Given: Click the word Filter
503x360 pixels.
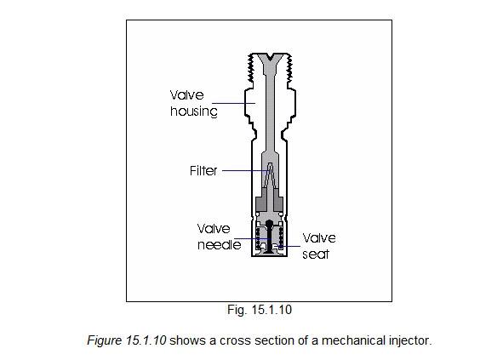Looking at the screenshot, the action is click(203, 171).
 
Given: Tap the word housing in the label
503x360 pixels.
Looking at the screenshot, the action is click(194, 111).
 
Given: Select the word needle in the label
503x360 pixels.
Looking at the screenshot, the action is click(220, 245).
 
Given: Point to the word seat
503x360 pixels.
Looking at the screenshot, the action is click(316, 254).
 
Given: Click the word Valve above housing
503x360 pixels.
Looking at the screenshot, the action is click(186, 95).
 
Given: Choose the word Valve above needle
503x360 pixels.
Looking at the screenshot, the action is click(214, 229).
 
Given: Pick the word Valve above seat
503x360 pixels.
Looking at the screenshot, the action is click(319, 238).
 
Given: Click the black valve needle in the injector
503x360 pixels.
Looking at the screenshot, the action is click(270, 237).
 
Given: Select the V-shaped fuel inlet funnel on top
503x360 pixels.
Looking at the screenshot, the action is click(270, 61).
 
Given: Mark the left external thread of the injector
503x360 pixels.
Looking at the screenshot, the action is click(249, 67).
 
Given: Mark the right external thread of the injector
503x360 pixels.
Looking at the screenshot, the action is click(290, 67).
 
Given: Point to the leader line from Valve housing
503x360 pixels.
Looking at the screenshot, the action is click(233, 103).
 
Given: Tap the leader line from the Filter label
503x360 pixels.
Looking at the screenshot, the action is click(245, 171).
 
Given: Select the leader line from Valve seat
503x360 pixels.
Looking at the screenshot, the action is click(289, 247).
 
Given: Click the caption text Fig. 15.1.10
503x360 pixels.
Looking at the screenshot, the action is click(260, 310).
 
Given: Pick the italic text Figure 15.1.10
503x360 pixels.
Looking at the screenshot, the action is click(127, 340).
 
